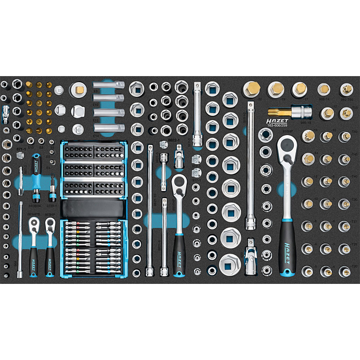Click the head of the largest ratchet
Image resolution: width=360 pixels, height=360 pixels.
coord(288,148)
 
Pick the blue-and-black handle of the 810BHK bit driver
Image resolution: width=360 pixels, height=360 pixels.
coord(36,165)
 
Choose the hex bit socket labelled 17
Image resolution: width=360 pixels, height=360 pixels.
coord(299,89)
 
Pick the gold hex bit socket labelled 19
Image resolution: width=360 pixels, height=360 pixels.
coord(276,89)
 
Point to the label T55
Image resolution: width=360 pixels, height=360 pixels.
coord(354,154)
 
